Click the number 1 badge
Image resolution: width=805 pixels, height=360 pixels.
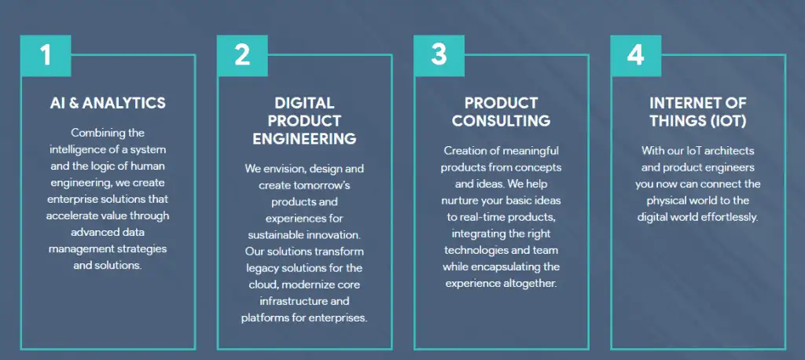click(46, 56)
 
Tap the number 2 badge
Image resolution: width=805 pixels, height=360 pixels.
click(242, 56)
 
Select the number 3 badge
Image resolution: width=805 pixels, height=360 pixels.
click(439, 56)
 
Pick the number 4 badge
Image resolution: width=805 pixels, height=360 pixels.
click(635, 56)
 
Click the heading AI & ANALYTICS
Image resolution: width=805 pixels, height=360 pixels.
click(108, 103)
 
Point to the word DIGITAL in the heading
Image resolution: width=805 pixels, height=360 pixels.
click(304, 103)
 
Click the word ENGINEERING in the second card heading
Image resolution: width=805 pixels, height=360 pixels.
click(304, 138)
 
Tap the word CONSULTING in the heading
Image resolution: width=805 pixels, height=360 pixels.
click(501, 121)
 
